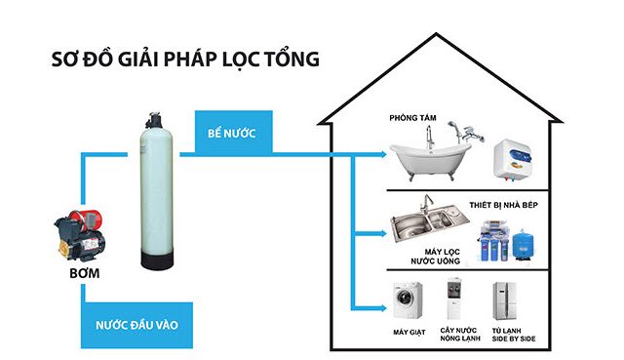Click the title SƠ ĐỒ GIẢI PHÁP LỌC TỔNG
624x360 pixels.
click(186, 58)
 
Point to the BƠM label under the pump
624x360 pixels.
click(80, 275)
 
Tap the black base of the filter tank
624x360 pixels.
click(158, 260)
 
